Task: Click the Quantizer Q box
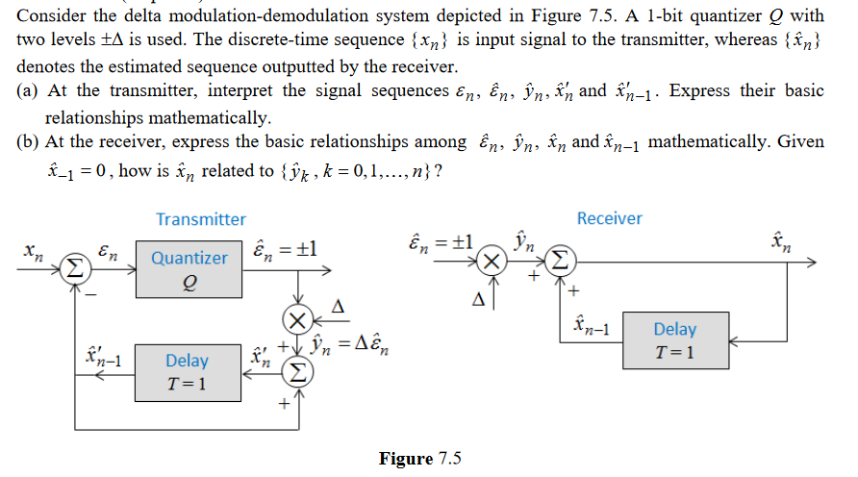point(189,269)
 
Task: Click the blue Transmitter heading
point(201,219)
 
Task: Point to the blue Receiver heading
point(609,218)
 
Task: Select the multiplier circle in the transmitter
point(297,319)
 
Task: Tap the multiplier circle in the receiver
point(492,261)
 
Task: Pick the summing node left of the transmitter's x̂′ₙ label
point(297,373)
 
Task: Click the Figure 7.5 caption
point(419,459)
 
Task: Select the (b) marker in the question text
point(28,141)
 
